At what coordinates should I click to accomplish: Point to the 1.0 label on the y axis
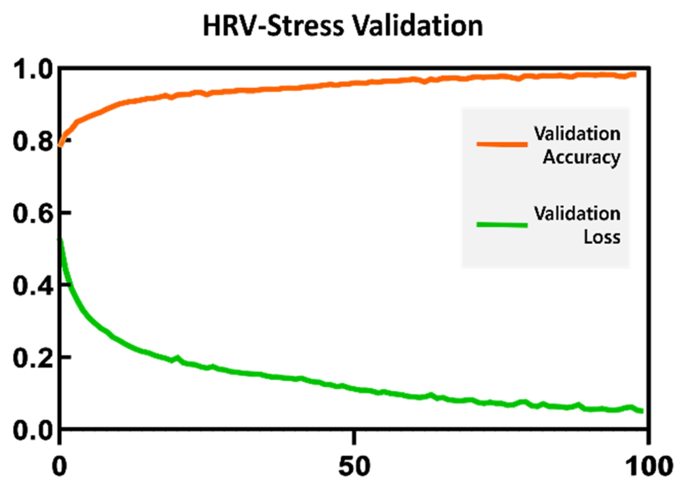pyautogui.click(x=33, y=70)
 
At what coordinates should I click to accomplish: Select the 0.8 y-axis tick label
pyautogui.click(x=33, y=142)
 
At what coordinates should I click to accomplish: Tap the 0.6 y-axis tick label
pyautogui.click(x=33, y=214)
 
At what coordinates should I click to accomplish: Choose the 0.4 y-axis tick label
pyautogui.click(x=33, y=286)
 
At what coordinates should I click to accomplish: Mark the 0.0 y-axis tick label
pyautogui.click(x=33, y=430)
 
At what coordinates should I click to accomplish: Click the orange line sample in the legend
pyautogui.click(x=502, y=144)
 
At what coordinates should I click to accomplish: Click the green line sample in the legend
pyautogui.click(x=502, y=225)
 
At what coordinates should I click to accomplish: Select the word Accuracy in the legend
pyautogui.click(x=582, y=158)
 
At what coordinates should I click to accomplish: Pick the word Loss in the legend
pyautogui.click(x=602, y=237)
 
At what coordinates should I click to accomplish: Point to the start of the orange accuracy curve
pyautogui.click(x=61, y=146)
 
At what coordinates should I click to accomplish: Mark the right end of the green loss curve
pyautogui.click(x=642, y=411)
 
